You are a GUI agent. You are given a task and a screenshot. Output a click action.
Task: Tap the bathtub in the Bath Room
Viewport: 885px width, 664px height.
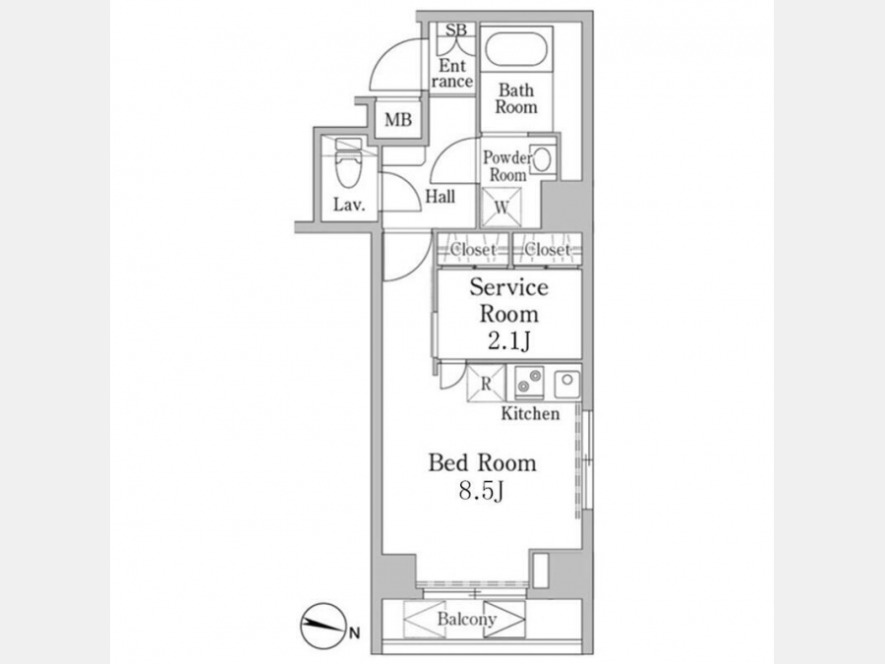pos(516,49)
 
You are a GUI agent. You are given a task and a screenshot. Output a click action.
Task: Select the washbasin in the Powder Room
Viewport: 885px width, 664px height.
pos(541,158)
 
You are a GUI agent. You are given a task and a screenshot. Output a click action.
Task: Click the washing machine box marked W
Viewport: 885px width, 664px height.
pos(501,207)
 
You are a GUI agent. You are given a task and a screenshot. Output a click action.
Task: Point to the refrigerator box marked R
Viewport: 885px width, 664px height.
pos(486,384)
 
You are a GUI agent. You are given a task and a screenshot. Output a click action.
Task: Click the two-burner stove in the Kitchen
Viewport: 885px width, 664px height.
pos(529,383)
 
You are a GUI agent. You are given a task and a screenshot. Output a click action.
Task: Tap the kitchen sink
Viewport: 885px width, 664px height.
pos(566,384)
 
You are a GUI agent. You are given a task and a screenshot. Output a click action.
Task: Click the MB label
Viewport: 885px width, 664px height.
pos(398,120)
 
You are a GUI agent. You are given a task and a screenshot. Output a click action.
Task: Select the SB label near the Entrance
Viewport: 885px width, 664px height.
pos(456,30)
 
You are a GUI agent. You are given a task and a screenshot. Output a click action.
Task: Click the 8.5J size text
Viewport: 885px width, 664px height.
pos(481,491)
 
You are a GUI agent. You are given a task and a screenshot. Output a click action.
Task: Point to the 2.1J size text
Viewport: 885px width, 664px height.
pos(509,340)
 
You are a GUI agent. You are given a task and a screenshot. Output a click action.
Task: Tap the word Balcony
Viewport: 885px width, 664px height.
pos(466,620)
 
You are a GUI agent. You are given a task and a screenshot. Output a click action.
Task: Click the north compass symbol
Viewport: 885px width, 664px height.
pos(323,627)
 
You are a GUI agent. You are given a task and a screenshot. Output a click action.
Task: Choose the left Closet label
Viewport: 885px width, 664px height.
pos(473,249)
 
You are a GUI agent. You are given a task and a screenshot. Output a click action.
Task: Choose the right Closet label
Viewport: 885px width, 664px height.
pos(547,249)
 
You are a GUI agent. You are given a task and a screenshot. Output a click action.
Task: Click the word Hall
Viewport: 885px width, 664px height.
pos(441,197)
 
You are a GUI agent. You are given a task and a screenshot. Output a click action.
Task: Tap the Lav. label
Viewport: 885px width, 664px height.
pos(349,204)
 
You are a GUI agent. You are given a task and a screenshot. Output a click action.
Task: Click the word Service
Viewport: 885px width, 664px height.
pos(508,287)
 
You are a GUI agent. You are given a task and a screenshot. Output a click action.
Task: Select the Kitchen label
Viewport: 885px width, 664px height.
pos(531,413)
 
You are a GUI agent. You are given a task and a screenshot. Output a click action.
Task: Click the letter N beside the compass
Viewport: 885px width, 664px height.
pos(354,633)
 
